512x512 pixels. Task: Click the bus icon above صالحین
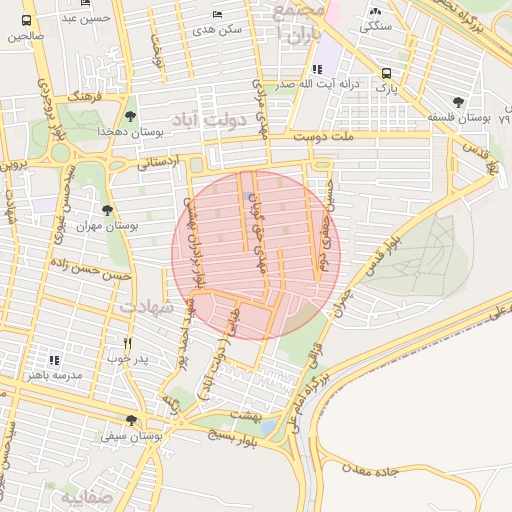pos(26,19)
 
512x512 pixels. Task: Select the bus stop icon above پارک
pos(386,73)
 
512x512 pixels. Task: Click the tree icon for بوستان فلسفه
pos(458,102)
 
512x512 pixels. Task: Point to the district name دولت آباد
pos(208,119)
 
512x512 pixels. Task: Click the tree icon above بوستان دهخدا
pos(131,116)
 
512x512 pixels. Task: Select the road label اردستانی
pos(157,160)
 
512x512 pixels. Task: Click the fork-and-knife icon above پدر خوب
pos(127,342)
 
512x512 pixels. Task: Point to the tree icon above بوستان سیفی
pos(131,420)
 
